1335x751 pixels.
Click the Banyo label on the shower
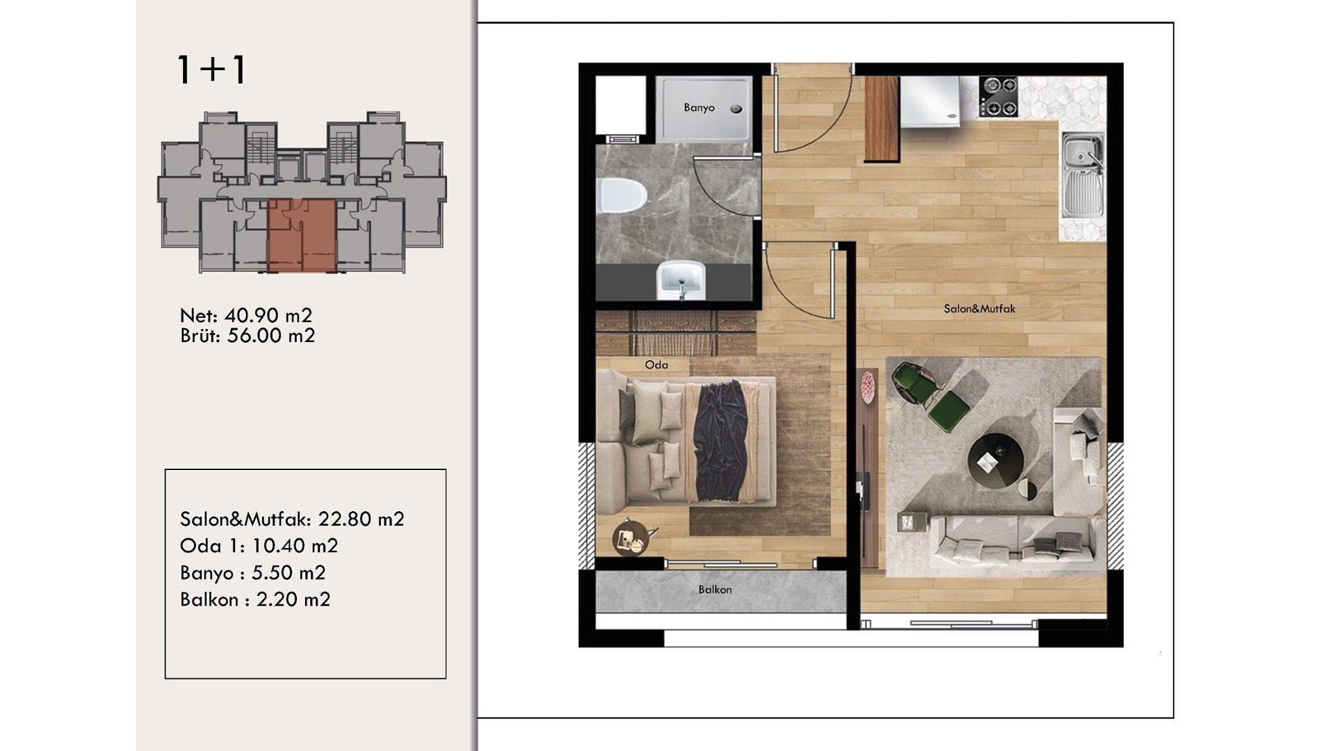click(699, 108)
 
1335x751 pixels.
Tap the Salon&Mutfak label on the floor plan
click(979, 309)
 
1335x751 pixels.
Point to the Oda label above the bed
click(656, 365)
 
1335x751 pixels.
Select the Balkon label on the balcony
click(715, 590)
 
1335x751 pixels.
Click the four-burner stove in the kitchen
click(999, 96)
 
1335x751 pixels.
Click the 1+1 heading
click(211, 70)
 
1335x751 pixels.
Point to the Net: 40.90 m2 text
click(246, 316)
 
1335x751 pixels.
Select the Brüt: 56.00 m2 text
click(248, 336)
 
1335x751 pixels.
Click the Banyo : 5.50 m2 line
click(253, 573)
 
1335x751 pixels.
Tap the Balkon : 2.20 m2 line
click(255, 599)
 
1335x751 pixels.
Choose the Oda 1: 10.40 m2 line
click(259, 546)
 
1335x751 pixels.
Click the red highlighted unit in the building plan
click(302, 235)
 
